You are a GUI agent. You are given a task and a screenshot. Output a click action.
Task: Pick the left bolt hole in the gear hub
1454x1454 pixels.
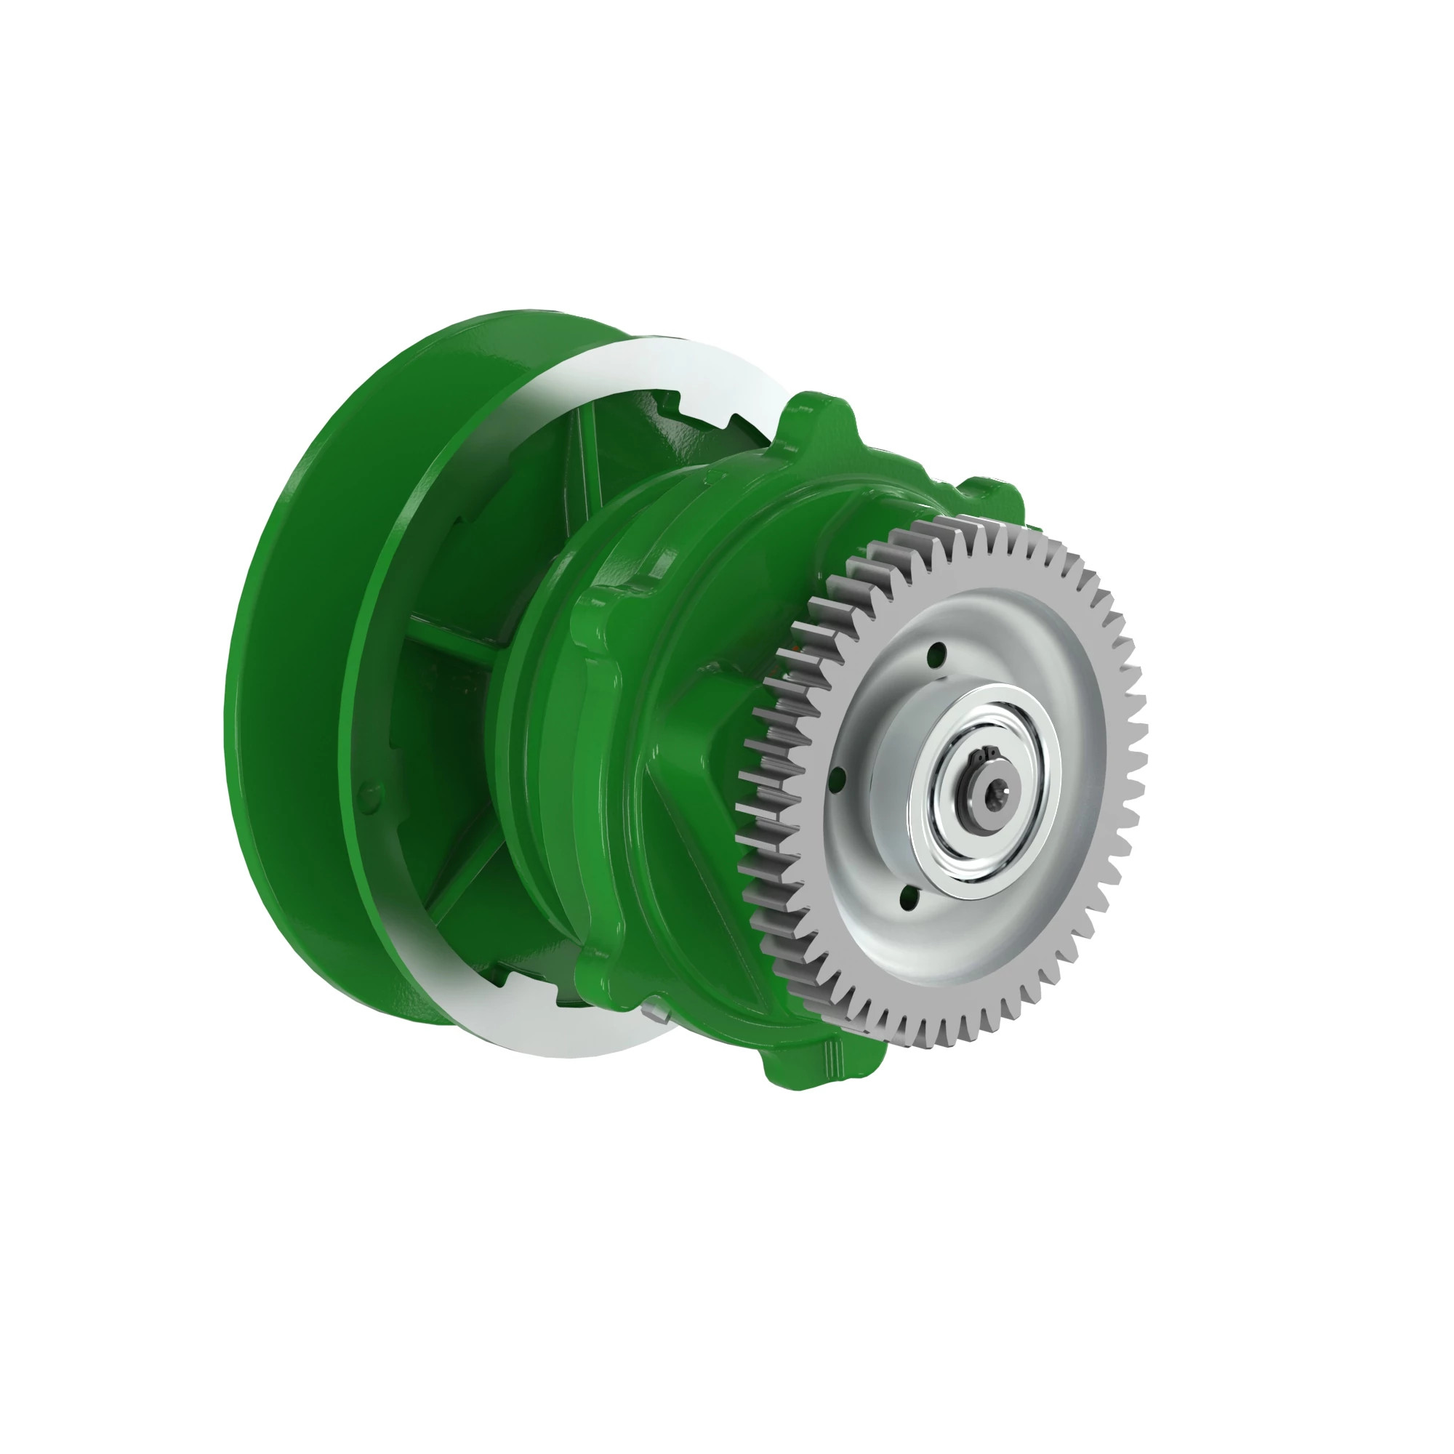(x=840, y=778)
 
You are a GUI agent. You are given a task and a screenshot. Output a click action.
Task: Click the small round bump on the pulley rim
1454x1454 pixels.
(x=366, y=792)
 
